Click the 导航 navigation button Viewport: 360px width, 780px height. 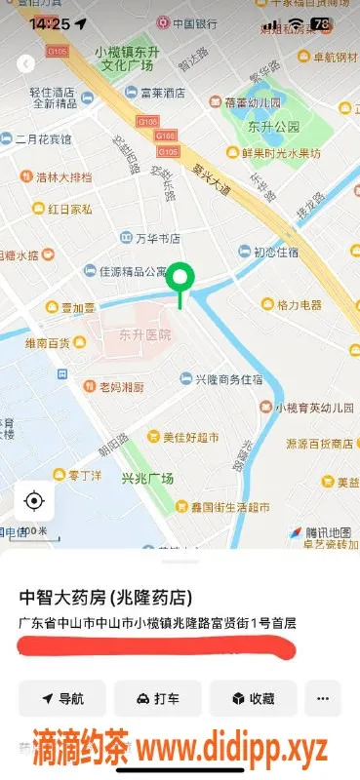62,698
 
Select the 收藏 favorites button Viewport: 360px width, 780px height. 253,698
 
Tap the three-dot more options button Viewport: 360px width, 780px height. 323,698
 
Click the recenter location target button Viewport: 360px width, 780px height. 34,501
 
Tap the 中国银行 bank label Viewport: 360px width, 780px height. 192,21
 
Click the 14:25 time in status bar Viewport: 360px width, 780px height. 50,23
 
